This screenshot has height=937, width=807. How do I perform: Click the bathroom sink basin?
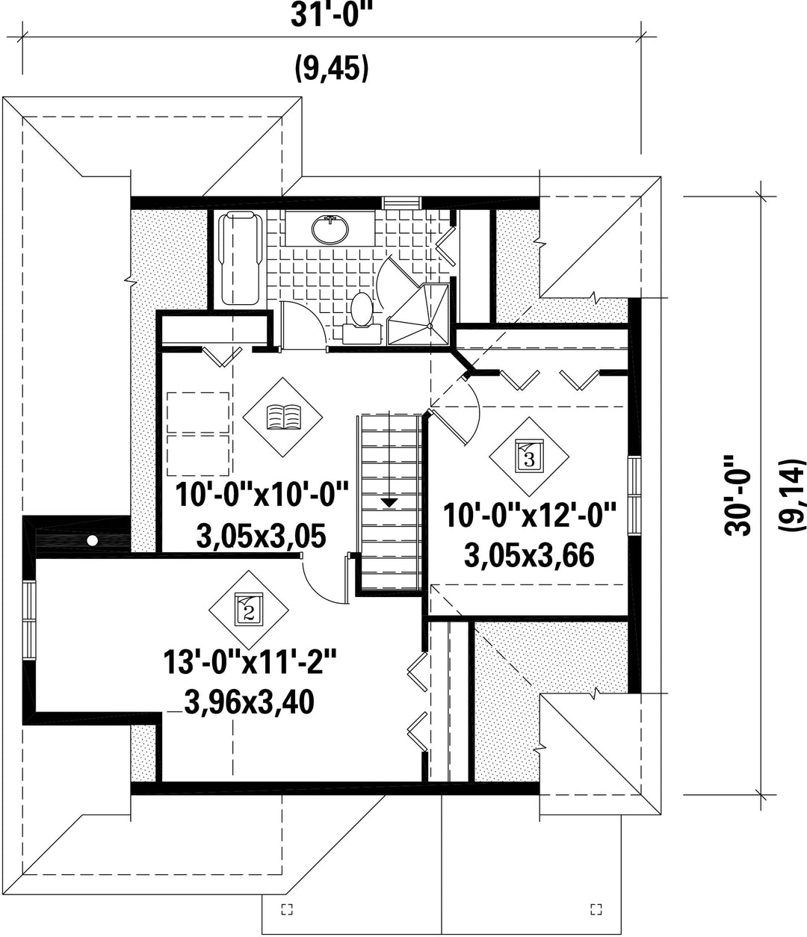point(330,228)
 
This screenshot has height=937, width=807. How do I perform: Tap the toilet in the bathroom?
point(362,318)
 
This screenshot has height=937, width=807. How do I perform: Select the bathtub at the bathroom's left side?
point(241,259)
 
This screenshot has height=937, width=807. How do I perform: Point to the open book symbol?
point(284,417)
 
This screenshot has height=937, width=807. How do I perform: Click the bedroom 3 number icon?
point(528,457)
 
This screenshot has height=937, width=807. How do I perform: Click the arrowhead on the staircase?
point(389,502)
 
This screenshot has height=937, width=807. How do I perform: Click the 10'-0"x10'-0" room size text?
point(262,494)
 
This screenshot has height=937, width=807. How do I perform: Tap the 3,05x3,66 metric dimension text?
point(529,555)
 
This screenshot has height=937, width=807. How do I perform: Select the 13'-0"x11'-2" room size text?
point(251,662)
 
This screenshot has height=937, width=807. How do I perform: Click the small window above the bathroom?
point(401,203)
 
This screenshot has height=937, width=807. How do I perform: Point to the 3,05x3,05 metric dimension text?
point(261,536)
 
